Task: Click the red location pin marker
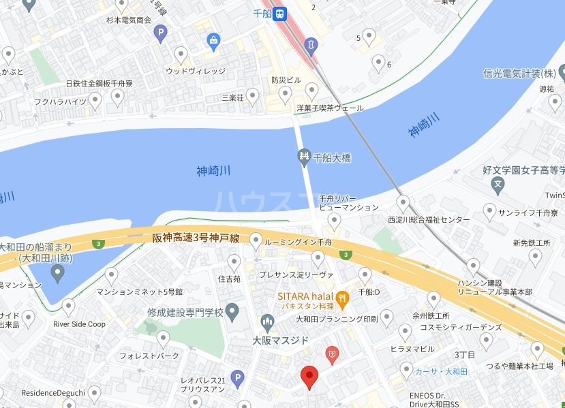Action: coord(309,375)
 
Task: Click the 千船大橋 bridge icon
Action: coord(305,158)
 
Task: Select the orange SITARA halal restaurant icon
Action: coord(342,296)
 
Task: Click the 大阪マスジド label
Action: coord(281,340)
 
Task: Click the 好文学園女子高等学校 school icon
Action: coord(499,183)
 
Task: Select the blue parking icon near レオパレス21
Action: coord(236,377)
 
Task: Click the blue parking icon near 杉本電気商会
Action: coord(160,32)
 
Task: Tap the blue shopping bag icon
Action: coord(214,40)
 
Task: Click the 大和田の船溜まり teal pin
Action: coord(58,273)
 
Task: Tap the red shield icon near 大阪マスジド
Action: coord(332,353)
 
